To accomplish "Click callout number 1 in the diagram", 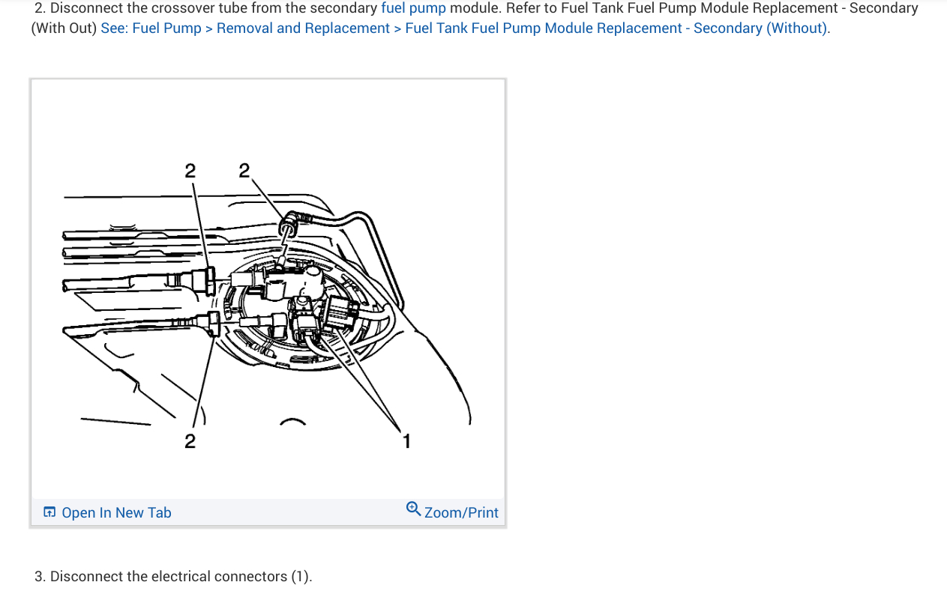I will coord(406,441).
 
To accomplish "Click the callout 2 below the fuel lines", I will coord(190,441).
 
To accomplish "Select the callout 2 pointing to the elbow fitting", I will coord(244,171).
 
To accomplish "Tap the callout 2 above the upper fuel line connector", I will coord(190,171).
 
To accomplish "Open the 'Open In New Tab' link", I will coord(116,512).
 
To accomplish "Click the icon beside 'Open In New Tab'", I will coord(49,512).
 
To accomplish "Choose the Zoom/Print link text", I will coord(461,512).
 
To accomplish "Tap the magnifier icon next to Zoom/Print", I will coord(413,510).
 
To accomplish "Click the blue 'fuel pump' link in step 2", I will coord(413,8).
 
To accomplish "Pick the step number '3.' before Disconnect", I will coord(40,576).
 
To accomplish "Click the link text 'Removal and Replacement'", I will coord(303,28).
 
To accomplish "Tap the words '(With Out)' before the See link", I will coord(63,28).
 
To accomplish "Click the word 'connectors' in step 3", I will coord(251,576).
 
